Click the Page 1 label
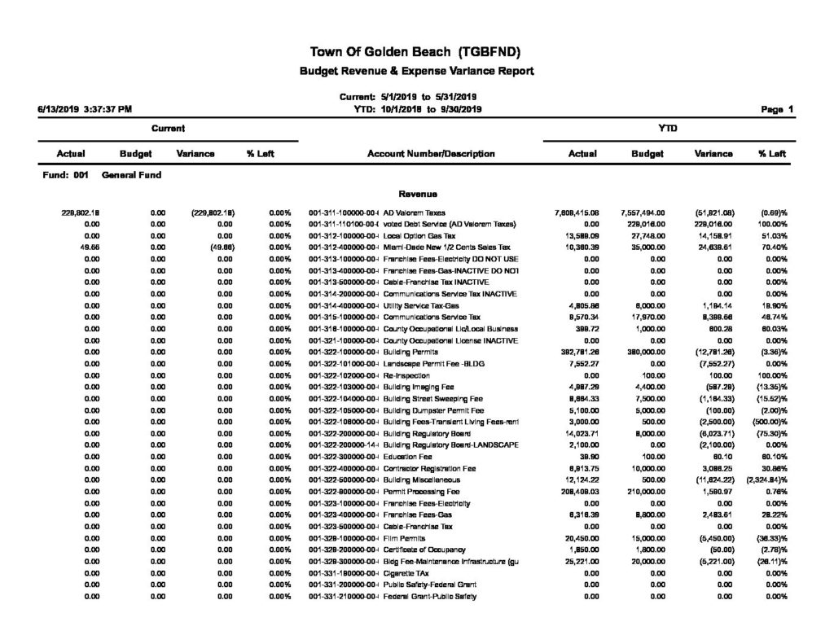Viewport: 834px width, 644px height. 778,108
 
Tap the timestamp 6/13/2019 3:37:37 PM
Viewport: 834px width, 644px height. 85,108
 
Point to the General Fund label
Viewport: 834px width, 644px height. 131,174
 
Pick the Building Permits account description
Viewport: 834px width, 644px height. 406,352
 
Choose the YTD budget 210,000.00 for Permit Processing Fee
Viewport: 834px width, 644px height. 647,491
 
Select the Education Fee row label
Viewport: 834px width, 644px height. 403,457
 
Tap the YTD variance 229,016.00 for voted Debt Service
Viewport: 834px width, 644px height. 713,224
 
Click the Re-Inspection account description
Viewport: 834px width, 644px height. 403,375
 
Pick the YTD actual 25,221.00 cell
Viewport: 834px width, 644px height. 582,561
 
